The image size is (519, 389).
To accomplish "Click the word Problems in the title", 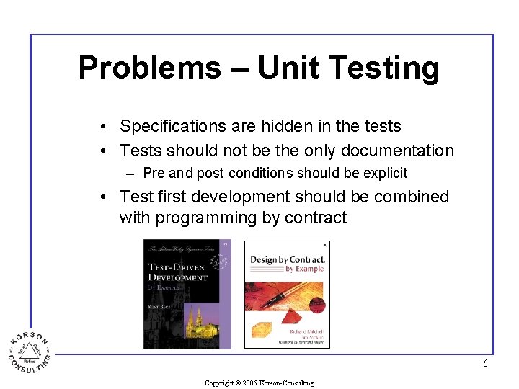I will pos(148,68).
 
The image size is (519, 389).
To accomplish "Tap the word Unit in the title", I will pos(288,68).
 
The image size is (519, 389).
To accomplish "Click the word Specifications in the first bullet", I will pos(173,126).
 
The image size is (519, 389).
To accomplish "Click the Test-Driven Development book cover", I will pos(187,293).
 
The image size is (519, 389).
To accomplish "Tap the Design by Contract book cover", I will pos(287,294).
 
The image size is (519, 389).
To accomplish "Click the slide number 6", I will pos(485,363).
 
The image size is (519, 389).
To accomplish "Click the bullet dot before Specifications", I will pos(105,127).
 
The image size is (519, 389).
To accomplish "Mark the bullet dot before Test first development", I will pos(105,197).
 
